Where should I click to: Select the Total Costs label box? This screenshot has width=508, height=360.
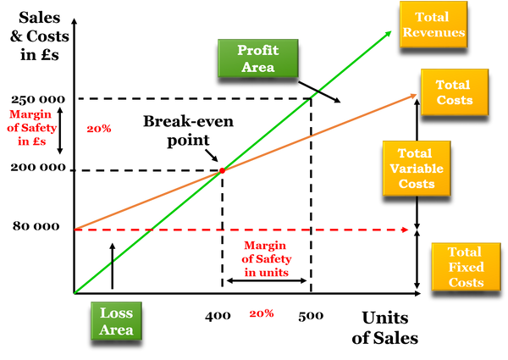455,92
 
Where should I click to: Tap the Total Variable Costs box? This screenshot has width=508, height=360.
412,168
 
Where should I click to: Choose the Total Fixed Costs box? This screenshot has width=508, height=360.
465,267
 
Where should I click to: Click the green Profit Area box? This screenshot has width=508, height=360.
258,58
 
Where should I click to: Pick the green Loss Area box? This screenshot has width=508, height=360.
116,320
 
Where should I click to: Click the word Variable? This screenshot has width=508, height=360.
412,169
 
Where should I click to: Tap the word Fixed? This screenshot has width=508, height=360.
465,268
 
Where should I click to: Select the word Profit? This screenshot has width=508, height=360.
258,50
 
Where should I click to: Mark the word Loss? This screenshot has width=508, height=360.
116,313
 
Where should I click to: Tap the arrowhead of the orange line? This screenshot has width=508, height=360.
415,96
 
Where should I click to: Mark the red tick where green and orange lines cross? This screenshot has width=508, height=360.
223,170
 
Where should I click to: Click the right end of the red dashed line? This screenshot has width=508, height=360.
409,229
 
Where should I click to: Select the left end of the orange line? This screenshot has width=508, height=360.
78,227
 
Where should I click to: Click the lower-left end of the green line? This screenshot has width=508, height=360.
77,292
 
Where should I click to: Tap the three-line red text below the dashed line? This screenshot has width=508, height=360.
267,258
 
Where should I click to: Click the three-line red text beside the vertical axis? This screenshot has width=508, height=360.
32,127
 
